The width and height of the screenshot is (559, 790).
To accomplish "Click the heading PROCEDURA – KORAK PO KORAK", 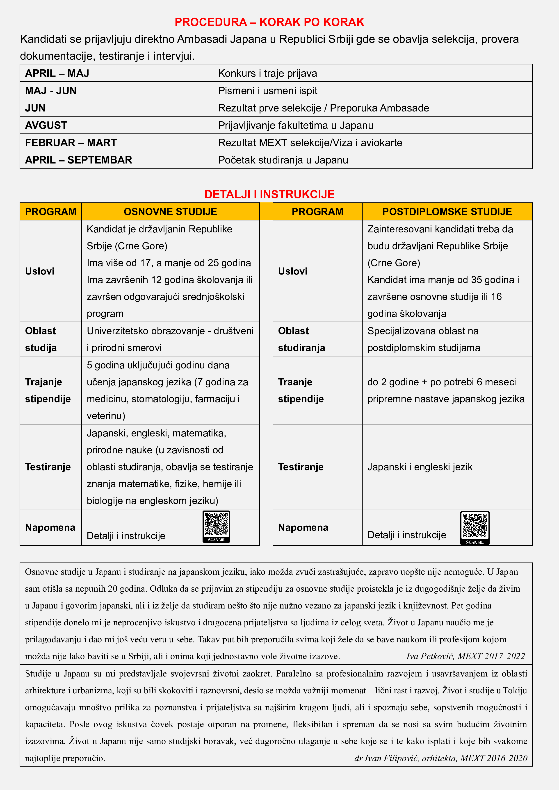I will coord(269,22).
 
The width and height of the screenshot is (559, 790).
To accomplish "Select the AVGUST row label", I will coord(46,125).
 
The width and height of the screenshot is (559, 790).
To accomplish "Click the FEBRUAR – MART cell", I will coord(71,143).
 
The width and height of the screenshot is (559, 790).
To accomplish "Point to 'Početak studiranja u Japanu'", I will coord(283,160).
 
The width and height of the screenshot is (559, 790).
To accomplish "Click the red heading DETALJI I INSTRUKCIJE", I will coord(269,194).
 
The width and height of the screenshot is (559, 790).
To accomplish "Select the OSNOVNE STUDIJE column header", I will coord(170,212).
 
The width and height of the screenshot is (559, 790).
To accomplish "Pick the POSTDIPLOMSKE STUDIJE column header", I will coord(447,212).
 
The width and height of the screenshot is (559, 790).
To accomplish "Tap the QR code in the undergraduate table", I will coord(216,526).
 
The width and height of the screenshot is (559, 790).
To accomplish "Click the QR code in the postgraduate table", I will coord(475,527).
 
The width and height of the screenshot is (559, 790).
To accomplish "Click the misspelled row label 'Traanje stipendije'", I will coord(301,390).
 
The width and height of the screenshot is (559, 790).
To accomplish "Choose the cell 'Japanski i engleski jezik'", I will coord(420,467).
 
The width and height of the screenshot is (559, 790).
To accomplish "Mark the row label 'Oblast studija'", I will coord(41,339).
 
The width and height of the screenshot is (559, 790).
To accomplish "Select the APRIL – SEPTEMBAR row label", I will coord(78,160).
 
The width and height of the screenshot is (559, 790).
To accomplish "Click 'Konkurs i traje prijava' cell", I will coord(267,73).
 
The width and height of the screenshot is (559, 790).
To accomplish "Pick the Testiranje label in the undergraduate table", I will coord(48,467).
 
